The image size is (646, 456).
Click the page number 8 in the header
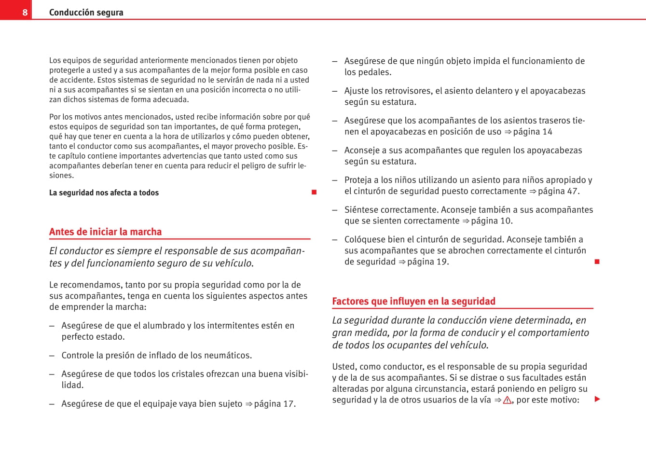(25, 13)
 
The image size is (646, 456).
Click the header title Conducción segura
(86, 13)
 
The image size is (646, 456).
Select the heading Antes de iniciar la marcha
(105, 232)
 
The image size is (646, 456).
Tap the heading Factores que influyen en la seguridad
(413, 301)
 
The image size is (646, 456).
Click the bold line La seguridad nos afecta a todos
(104, 193)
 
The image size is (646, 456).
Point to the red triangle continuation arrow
(597, 399)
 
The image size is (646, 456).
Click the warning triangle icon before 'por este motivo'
(507, 400)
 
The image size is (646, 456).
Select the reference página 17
(274, 404)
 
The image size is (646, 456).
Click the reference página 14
(533, 132)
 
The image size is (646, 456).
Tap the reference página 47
(558, 191)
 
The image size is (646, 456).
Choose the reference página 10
(491, 221)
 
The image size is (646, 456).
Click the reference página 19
(427, 262)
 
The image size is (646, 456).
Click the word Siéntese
(362, 210)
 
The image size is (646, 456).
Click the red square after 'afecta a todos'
(314, 193)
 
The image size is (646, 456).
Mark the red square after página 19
(597, 262)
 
